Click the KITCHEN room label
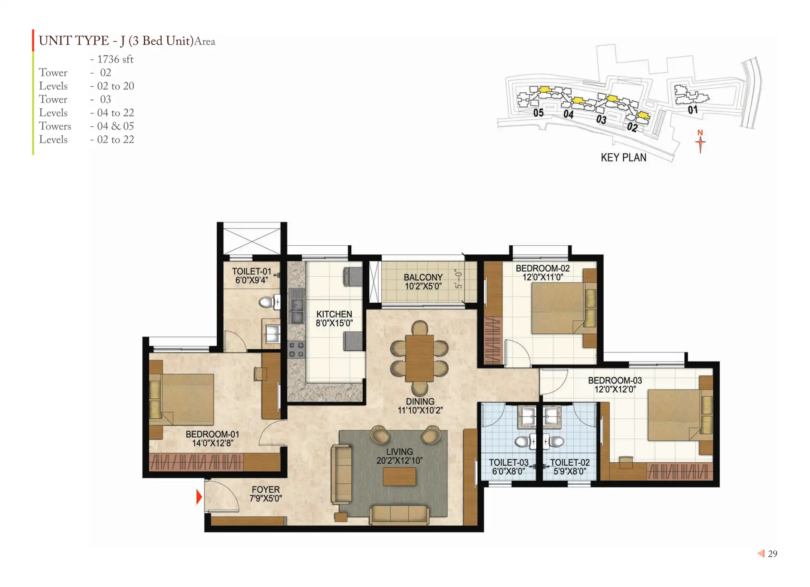coord(334,314)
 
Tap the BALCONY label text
coord(423,277)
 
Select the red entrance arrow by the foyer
coord(199,497)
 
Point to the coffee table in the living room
coord(399,476)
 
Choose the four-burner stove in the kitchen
coord(296,350)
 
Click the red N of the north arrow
coord(700,133)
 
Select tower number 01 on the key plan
coord(693,110)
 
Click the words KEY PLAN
coord(624,158)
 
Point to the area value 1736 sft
coord(115,59)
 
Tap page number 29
coord(773,554)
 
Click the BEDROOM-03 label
coord(615,380)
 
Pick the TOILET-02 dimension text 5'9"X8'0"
coord(570,472)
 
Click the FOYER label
coord(266,489)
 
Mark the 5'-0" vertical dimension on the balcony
coord(459,279)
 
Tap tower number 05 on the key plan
coord(538,113)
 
